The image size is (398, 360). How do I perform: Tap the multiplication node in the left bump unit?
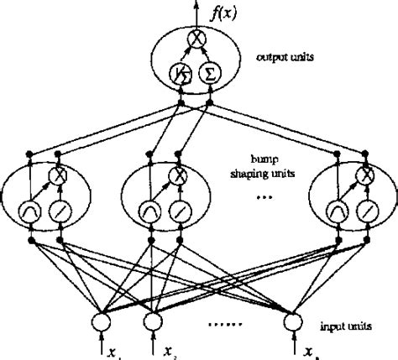click(60, 175)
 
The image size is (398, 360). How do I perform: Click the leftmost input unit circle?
click(102, 321)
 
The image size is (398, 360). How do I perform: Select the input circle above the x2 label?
click(154, 321)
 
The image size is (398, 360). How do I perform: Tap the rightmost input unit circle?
click(292, 321)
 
